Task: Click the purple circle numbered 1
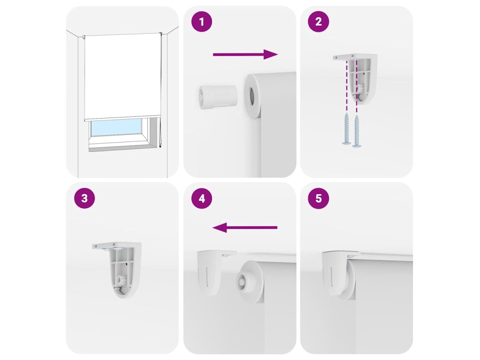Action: point(202,22)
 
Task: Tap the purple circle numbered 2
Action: point(318,22)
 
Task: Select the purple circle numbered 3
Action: point(85,198)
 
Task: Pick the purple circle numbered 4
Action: point(202,198)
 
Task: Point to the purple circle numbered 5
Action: point(318,198)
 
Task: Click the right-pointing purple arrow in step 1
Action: point(245,54)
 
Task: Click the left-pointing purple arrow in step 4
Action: point(245,227)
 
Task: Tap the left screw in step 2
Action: point(346,128)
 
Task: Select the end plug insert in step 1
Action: point(217,97)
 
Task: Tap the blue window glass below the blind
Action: point(117,127)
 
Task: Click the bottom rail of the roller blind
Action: point(122,118)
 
